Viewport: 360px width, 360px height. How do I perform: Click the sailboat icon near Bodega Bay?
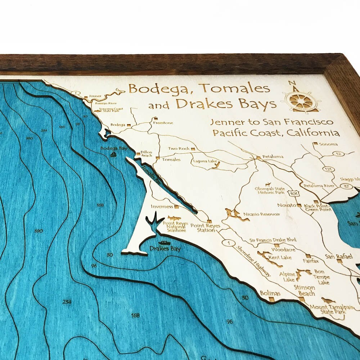click(x=113, y=154)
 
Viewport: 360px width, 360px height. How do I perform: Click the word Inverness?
click(x=162, y=207)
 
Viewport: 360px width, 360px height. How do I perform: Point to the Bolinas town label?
click(x=270, y=293)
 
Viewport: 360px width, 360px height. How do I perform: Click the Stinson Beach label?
click(x=305, y=290)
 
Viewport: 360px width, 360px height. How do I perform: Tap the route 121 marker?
click(x=328, y=169)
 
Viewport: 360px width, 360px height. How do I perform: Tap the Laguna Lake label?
click(x=204, y=161)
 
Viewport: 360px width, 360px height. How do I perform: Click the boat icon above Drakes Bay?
click(x=164, y=243)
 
